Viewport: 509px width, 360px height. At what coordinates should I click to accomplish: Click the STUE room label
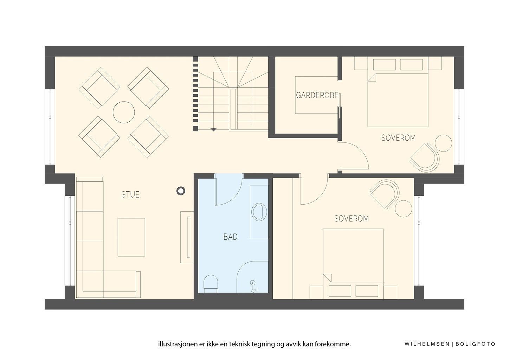130,194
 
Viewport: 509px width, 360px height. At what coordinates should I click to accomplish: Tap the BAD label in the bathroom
230,237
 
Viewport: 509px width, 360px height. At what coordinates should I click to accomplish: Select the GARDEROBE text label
317,96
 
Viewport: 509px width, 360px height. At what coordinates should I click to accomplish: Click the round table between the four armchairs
124,112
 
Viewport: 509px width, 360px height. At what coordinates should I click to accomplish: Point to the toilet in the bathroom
211,284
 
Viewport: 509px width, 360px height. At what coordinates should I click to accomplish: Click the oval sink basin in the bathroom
259,212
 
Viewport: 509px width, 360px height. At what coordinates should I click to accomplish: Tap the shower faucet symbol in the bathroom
253,287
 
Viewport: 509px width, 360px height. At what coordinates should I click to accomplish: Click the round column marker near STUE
181,191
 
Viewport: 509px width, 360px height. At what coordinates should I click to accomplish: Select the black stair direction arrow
213,130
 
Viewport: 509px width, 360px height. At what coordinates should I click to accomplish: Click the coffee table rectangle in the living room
131,237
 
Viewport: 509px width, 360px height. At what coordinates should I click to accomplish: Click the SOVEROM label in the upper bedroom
398,138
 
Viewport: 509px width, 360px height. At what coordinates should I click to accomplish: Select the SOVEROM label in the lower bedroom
352,219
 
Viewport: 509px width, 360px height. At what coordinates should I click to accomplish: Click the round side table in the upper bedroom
443,143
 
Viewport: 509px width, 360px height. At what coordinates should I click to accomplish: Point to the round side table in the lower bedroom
404,208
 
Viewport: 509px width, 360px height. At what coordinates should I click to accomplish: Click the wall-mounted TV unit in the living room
187,237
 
